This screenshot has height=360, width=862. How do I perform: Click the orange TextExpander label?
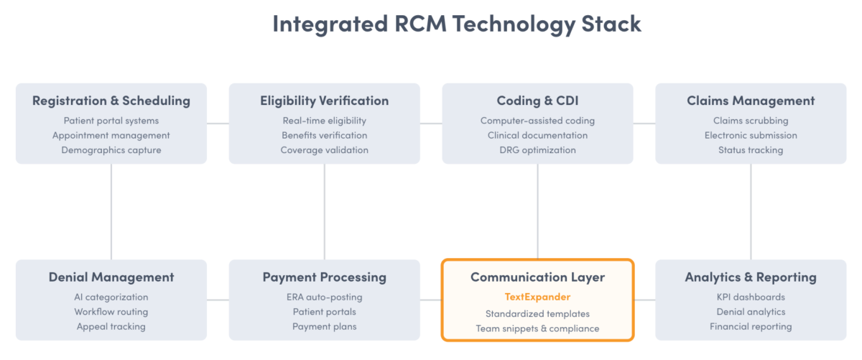pos(537,296)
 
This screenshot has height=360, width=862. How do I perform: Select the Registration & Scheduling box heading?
pos(111,101)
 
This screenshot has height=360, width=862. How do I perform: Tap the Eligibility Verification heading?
pos(325,101)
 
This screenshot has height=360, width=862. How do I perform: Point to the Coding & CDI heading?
pos(537,101)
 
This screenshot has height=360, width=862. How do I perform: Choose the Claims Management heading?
pos(751,101)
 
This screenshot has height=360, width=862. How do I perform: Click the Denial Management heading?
pos(111,277)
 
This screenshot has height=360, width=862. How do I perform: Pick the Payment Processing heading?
pos(325,277)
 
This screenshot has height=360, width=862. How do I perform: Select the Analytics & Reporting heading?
pos(751,277)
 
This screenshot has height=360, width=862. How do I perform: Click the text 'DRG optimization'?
pos(537,150)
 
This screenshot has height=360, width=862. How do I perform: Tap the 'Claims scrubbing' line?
pos(751,121)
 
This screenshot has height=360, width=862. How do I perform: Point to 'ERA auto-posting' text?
pos(325,297)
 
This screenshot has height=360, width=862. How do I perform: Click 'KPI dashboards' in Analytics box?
pos(751,297)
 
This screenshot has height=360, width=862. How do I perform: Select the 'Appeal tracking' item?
pos(111,326)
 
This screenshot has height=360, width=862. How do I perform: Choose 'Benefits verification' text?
pos(325,135)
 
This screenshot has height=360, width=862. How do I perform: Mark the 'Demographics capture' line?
pos(111,150)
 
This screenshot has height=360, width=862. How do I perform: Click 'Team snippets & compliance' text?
pos(537,328)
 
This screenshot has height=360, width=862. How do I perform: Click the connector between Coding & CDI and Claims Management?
pos(644,124)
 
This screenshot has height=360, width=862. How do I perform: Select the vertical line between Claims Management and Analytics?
pos(751,211)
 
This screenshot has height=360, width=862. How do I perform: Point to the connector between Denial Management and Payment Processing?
pos(218,300)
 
